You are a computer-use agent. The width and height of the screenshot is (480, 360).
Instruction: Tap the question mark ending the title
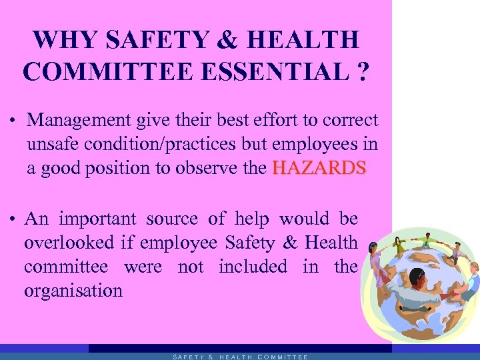tap(361, 71)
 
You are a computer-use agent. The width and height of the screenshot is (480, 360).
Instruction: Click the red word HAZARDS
tap(319, 168)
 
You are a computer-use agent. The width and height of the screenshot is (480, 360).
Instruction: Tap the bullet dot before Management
tap(13, 122)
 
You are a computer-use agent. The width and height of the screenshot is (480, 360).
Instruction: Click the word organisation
tap(73, 291)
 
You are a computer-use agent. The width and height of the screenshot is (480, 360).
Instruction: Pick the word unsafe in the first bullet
tap(53, 144)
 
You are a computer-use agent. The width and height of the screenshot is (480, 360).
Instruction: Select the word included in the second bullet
tap(253, 267)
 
